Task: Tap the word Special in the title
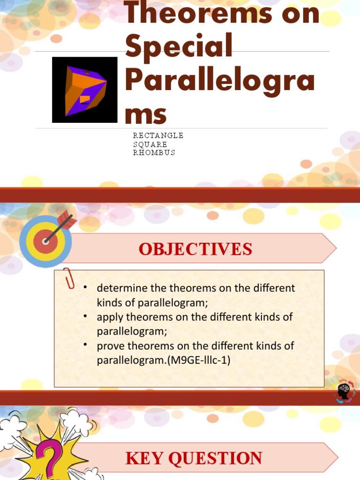(x=179, y=47)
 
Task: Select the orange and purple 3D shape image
(x=84, y=90)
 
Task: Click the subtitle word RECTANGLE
(x=158, y=135)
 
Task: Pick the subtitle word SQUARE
(x=150, y=144)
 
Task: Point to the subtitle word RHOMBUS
(x=154, y=153)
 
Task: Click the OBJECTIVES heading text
(x=195, y=249)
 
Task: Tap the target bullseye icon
(x=45, y=240)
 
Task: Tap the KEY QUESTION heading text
(x=194, y=458)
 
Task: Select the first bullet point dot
(x=85, y=287)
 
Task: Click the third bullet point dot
(x=85, y=345)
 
